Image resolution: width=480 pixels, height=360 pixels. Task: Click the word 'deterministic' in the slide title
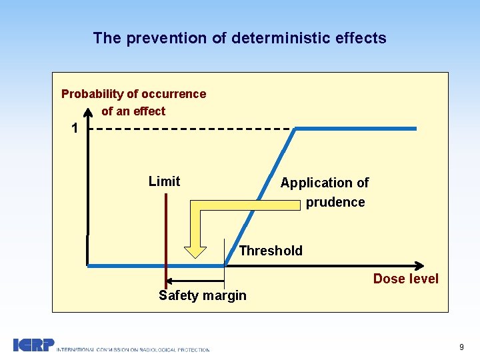pyautogui.click(x=274, y=38)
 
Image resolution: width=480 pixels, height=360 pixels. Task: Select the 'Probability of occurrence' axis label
pyautogui.click(x=133, y=94)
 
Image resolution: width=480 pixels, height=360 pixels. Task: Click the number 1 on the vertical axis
pyautogui.click(x=75, y=128)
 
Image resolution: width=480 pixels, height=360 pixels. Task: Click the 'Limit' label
pyautogui.click(x=164, y=181)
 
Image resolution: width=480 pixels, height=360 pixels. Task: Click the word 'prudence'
pyautogui.click(x=335, y=202)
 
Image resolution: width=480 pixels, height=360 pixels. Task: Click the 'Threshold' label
pyautogui.click(x=271, y=251)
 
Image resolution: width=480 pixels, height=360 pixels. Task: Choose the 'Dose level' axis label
pyautogui.click(x=405, y=279)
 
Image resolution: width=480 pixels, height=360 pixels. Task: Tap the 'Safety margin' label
pyautogui.click(x=202, y=295)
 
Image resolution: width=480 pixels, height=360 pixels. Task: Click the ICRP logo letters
pyautogui.click(x=33, y=345)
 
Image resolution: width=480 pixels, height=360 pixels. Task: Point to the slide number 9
pyautogui.click(x=461, y=347)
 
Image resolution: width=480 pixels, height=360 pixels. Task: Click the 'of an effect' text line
pyautogui.click(x=133, y=111)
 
